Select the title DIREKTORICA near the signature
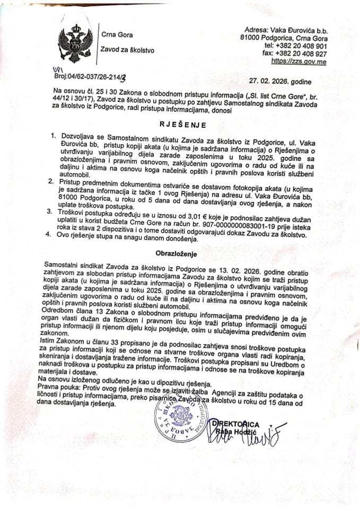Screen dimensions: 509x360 [x=235, y=424]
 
